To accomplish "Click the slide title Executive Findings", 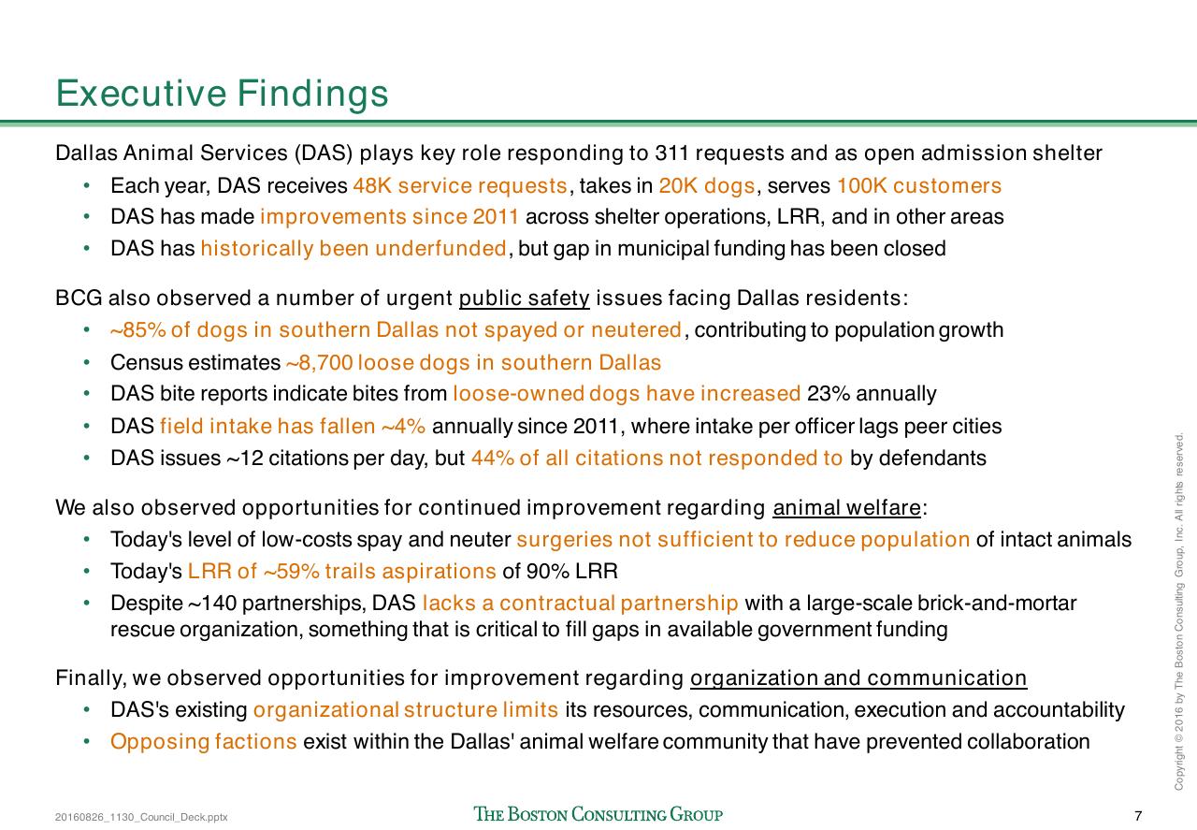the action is (222, 94).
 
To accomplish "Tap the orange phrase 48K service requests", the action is (460, 185).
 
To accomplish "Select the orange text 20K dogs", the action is (707, 185).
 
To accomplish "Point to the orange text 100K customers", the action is (919, 185).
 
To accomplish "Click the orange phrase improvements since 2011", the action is (389, 216).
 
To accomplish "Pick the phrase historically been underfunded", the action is (353, 248).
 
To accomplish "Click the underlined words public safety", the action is (525, 298).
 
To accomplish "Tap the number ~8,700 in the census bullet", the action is (320, 362).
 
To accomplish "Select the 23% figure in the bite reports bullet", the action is (829, 394).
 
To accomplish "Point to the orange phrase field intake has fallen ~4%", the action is (293, 427).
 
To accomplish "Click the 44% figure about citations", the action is (492, 459).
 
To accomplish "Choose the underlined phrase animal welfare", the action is (847, 507).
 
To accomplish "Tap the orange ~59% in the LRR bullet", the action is (291, 571).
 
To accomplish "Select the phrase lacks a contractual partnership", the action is (581, 604).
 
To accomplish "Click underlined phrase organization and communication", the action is (858, 678).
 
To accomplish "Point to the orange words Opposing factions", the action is (204, 742).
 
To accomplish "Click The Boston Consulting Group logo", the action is (598, 814).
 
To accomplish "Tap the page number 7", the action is (1138, 816).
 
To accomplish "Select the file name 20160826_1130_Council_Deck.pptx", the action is (141, 817).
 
